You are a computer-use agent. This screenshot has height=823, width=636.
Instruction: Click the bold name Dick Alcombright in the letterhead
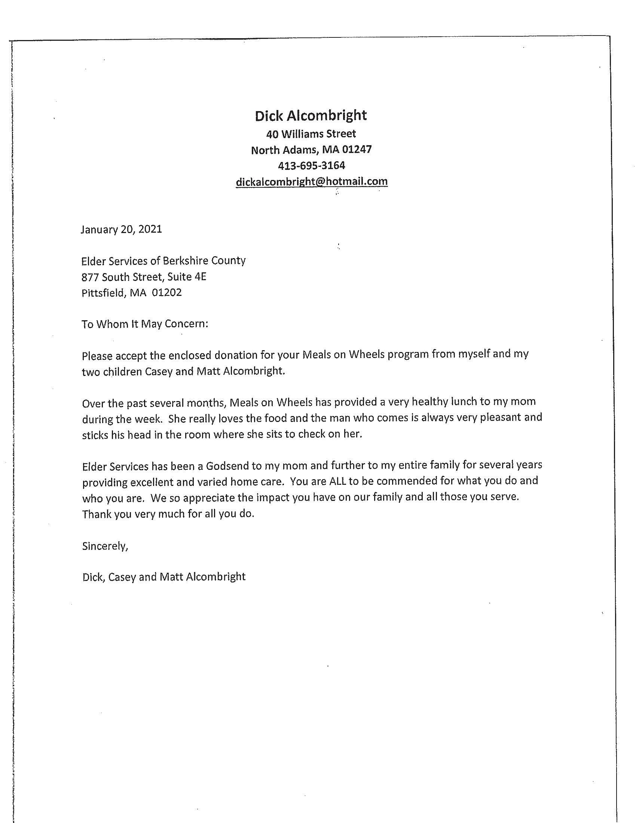pyautogui.click(x=311, y=116)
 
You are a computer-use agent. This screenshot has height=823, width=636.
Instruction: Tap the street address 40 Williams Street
pyautogui.click(x=311, y=134)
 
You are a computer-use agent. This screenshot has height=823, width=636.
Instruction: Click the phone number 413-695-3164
pyautogui.click(x=311, y=165)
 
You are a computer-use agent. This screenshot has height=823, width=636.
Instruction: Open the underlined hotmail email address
pyautogui.click(x=311, y=182)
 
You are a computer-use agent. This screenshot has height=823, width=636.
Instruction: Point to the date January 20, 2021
pyautogui.click(x=121, y=229)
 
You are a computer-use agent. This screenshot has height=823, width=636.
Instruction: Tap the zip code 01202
pyautogui.click(x=166, y=293)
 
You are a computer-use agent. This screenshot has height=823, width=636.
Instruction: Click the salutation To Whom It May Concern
pyautogui.click(x=145, y=324)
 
